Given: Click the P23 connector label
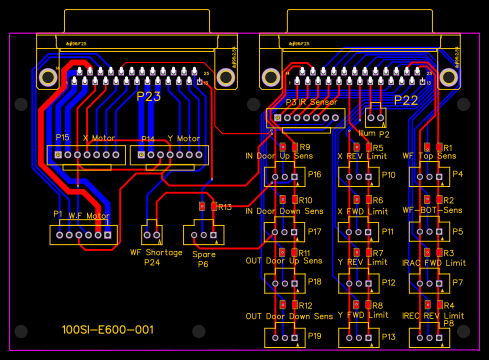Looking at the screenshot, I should click(x=148, y=98).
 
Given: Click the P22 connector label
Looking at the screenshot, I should click(x=405, y=100).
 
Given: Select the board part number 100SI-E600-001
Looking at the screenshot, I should click(x=107, y=329).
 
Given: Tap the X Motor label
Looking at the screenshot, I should click(x=99, y=138).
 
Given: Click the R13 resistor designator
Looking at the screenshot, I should click(x=224, y=207).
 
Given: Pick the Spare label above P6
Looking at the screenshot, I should click(x=203, y=254).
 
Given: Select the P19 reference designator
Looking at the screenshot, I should click(x=314, y=336).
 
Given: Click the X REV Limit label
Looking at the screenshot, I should click(x=362, y=156).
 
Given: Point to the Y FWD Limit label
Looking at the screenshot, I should click(x=362, y=315).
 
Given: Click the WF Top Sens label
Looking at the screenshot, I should click(x=426, y=156).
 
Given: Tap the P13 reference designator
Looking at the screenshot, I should click(x=388, y=336).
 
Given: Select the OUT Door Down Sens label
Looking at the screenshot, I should click(x=289, y=315).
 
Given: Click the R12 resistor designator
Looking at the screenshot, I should click(x=305, y=305).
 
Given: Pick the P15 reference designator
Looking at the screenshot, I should click(x=62, y=137).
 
